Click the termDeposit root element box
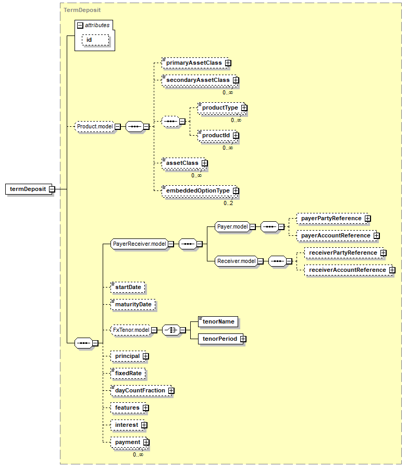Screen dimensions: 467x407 [x=27, y=189]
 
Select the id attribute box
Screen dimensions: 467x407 [x=95, y=40]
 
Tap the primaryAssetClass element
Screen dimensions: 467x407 [x=194, y=63]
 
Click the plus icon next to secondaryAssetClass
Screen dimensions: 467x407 [x=236, y=80]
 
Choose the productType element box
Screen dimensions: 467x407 [x=219, y=107]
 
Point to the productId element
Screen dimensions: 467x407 [x=216, y=135]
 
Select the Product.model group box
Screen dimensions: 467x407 [x=95, y=126]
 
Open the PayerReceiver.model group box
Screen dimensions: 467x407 [x=139, y=244]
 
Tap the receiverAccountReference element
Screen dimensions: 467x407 [x=347, y=270]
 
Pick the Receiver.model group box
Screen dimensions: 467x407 [x=237, y=261]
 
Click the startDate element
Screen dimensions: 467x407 [x=128, y=287]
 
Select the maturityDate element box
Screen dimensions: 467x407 [x=133, y=304]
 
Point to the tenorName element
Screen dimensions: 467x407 [x=218, y=321]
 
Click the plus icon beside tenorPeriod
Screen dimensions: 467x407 [x=243, y=339]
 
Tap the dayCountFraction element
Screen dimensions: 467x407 [x=139, y=390]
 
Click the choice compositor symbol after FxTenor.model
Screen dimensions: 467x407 [x=170, y=330]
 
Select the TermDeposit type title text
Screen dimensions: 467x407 [x=82, y=10]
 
